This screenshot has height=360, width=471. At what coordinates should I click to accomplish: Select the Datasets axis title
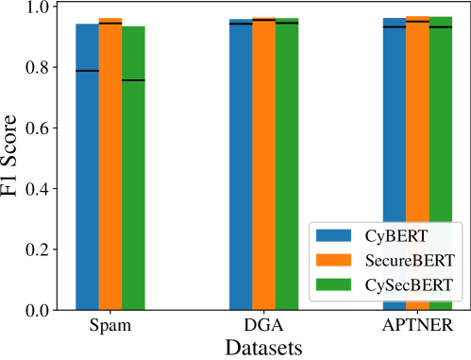[263, 347]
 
